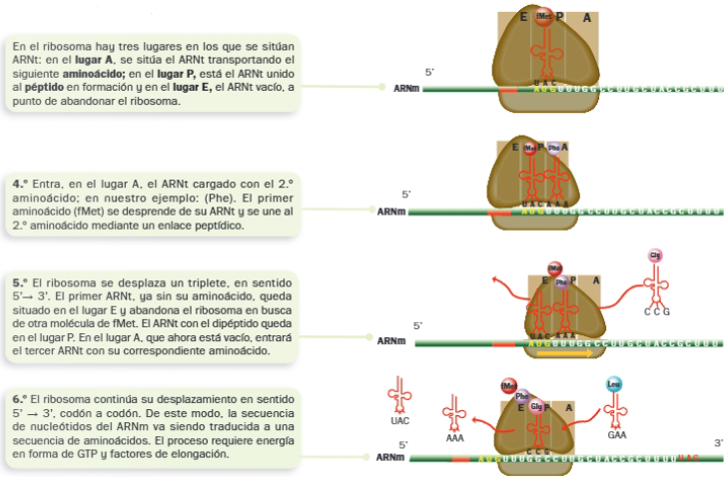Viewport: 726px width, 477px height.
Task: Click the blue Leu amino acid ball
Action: (x=614, y=383)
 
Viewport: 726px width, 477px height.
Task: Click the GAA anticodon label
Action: (x=616, y=435)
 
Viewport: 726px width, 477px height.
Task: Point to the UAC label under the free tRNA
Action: (x=399, y=420)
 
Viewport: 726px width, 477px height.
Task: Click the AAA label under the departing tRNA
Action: (x=455, y=437)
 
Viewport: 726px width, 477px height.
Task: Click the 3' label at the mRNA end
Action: (x=717, y=443)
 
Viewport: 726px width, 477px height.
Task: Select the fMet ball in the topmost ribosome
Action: (x=544, y=17)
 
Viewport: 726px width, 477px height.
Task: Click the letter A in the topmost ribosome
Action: (x=586, y=17)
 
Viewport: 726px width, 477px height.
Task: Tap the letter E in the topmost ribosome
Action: (x=523, y=17)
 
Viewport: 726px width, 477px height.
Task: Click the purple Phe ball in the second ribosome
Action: (x=554, y=149)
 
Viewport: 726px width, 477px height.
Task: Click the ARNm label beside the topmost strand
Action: (x=406, y=89)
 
